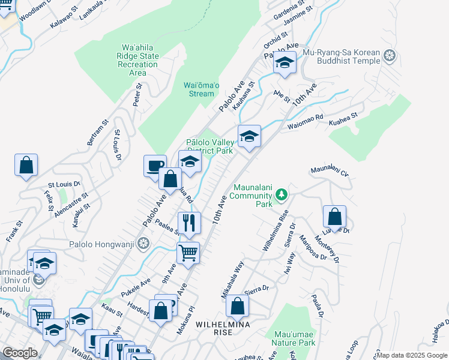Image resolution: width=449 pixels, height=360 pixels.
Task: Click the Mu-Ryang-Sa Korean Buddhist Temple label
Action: click(342, 56)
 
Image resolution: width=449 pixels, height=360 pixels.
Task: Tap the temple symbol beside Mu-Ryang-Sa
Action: click(390, 56)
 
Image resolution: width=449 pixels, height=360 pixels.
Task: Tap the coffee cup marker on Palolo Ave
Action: click(155, 165)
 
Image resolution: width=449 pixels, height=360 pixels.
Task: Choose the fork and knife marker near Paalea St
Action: click(188, 223)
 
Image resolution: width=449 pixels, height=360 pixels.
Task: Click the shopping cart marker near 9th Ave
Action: click(188, 253)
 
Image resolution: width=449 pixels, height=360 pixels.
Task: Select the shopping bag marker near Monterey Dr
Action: click(334, 216)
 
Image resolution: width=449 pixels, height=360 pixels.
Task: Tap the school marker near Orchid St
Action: click(285, 62)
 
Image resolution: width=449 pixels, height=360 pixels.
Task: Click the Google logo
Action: click(20, 353)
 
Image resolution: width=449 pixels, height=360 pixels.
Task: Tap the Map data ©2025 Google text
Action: click(412, 355)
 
